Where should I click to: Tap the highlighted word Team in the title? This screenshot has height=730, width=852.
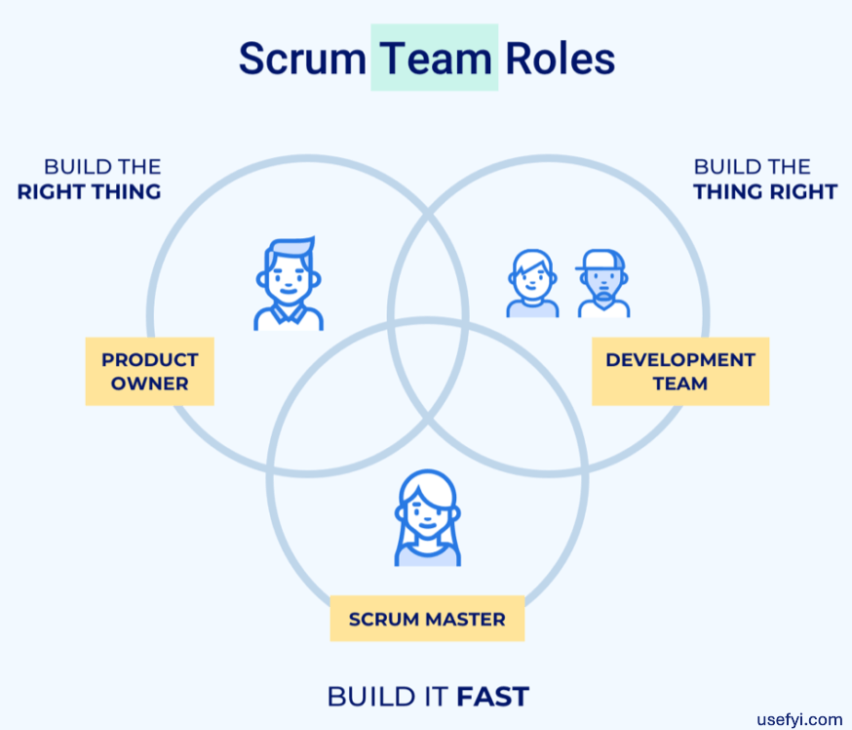tap(435, 59)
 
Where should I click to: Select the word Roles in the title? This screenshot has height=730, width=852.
tap(560, 59)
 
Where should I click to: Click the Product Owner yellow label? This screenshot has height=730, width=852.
tap(149, 372)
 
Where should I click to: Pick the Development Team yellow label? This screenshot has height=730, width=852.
tap(679, 372)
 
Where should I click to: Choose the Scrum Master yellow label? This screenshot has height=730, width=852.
tap(427, 619)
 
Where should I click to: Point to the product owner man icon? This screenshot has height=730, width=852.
tap(289, 284)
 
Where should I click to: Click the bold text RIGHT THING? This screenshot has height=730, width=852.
tap(89, 191)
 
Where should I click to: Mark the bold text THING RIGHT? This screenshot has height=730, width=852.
tap(765, 191)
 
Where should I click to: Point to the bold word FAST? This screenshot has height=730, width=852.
tap(492, 697)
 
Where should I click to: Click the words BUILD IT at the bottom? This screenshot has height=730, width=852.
tap(388, 697)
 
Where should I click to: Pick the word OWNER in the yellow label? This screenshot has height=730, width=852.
tap(149, 384)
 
